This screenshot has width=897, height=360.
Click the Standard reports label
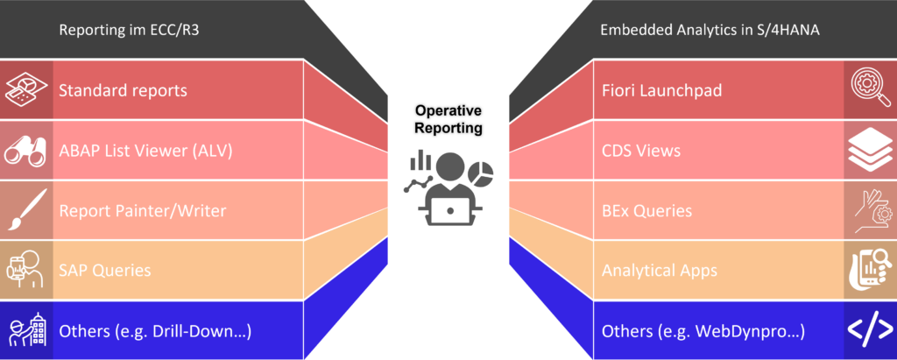[x=123, y=90]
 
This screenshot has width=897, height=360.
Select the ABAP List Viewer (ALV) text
[x=145, y=151]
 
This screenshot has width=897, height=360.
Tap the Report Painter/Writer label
[x=142, y=210]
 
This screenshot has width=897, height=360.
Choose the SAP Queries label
[x=104, y=271]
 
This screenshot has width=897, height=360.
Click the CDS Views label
[x=640, y=151]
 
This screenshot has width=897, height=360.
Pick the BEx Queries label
[x=646, y=210]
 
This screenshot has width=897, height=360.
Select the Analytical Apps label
[x=659, y=271]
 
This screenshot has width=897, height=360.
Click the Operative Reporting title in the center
[x=448, y=119]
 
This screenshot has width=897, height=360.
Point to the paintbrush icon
[x=25, y=210]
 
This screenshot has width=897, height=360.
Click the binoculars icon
[x=25, y=151]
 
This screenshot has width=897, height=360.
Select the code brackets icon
[x=870, y=330]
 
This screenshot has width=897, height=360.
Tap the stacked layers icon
[x=870, y=151]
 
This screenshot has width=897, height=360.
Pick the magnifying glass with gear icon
[x=870, y=90]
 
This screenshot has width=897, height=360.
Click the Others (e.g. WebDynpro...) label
[x=703, y=331]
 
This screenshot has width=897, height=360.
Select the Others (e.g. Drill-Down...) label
[x=155, y=331]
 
